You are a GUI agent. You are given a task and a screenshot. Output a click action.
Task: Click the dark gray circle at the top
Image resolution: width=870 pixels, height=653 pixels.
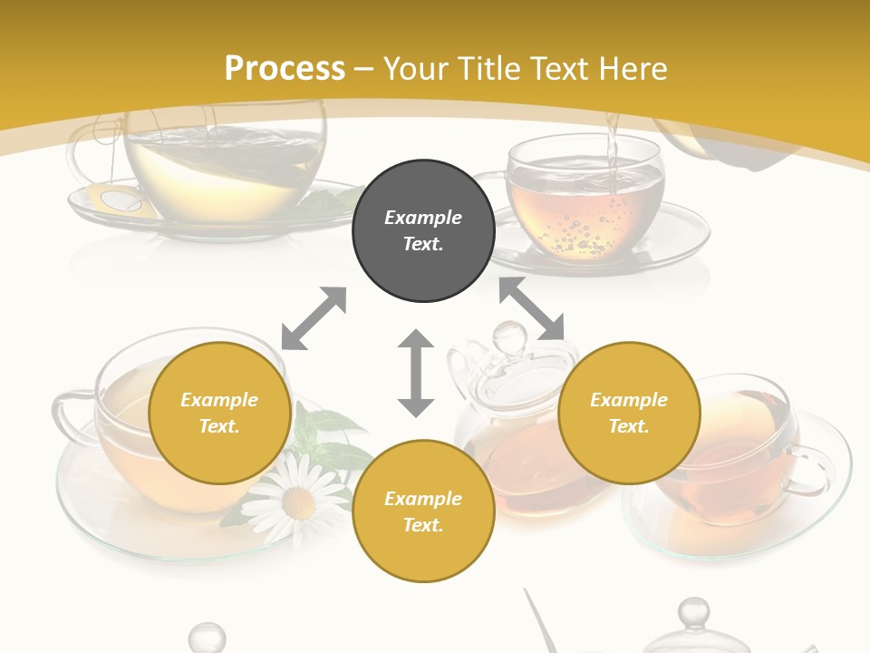click(423, 231)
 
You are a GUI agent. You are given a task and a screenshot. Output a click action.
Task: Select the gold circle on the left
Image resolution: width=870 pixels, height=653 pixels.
click(219, 414)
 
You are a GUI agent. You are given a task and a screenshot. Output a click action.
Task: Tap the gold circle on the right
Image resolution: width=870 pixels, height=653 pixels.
click(629, 414)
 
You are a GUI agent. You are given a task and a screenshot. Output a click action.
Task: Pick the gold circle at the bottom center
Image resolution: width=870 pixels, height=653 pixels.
click(423, 512)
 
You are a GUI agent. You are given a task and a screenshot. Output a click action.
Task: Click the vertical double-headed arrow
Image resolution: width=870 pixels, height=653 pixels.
click(416, 373)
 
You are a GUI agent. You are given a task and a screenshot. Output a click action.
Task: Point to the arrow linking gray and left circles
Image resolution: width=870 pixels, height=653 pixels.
click(314, 318)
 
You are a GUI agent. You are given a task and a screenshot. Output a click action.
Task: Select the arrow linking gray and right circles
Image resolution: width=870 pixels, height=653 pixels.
click(532, 309)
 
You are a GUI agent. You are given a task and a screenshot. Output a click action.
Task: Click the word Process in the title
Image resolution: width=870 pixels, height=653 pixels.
click(285, 68)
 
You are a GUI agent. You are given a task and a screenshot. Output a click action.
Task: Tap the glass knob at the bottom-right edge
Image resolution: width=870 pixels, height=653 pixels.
click(693, 614)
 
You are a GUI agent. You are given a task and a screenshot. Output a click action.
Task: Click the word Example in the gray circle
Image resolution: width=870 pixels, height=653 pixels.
click(423, 218)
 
